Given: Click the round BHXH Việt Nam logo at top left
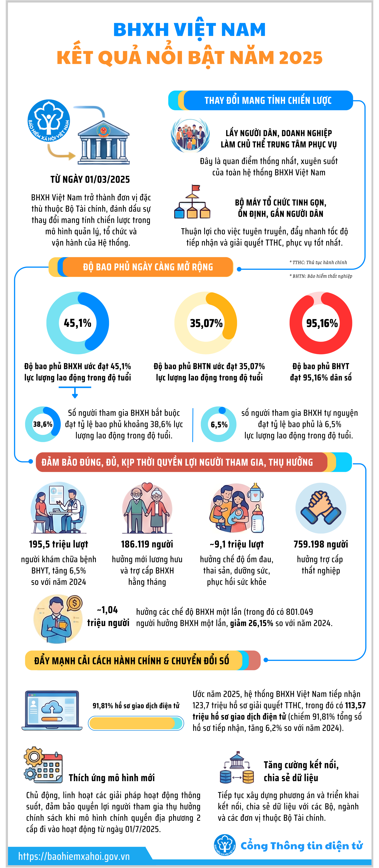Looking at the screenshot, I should [x=49, y=121].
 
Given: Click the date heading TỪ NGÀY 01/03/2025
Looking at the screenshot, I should [x=90, y=179].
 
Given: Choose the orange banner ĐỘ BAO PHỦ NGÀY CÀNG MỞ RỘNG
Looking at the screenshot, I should [x=148, y=267].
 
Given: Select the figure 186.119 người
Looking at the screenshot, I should [x=147, y=544].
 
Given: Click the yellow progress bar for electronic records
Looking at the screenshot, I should [x=136, y=723].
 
